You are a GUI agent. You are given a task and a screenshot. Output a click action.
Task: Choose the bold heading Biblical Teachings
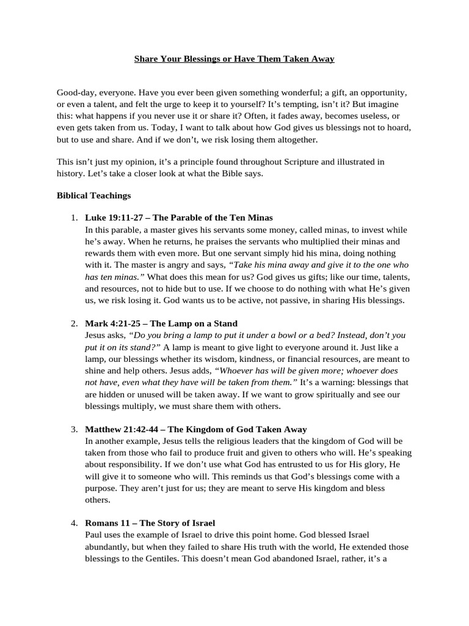93,196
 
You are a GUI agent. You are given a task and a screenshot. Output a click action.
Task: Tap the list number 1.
73,218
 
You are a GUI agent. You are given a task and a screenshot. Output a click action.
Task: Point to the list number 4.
73,523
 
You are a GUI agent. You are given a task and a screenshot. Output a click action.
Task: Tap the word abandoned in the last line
300,558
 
